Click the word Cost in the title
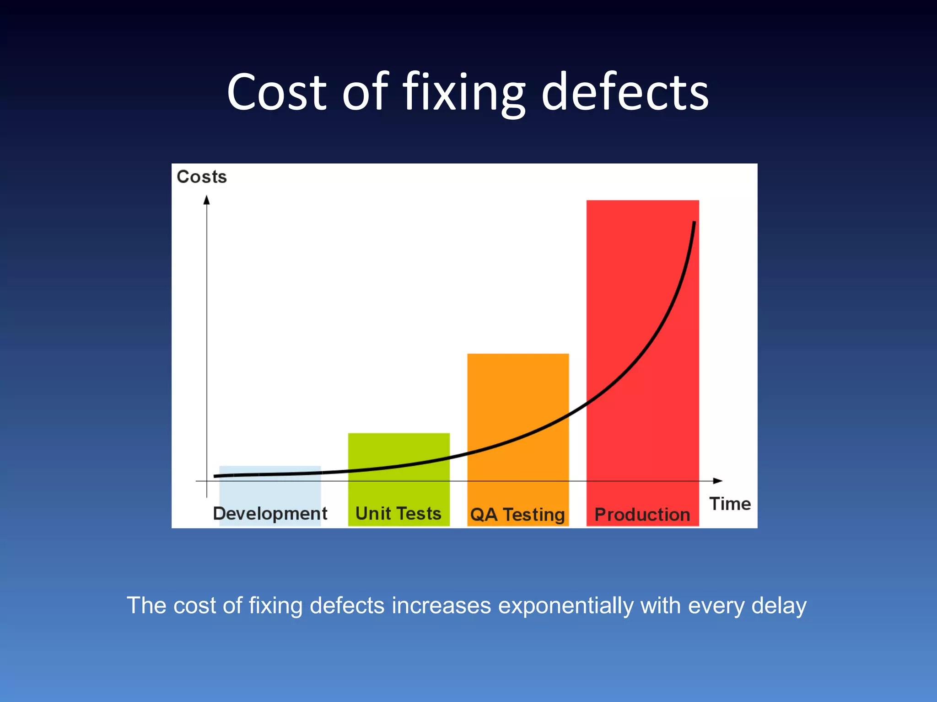pos(276,93)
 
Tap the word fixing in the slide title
pos(464,93)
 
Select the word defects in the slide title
pos(625,93)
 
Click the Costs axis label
pos(202,177)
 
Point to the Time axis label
pos(730,504)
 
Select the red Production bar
pos(642,320)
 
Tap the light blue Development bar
pos(270,489)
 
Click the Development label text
pos(270,514)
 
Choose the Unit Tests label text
pos(398,514)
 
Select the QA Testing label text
pos(517,515)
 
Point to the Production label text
pos(642,515)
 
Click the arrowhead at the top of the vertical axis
pos(207,200)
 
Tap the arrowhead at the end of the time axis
pos(718,481)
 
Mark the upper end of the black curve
pos(694,223)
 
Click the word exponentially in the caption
pos(565,606)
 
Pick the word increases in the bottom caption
pos(441,606)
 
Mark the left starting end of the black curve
pos(215,476)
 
